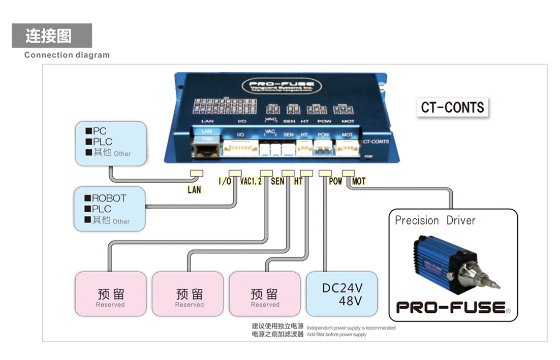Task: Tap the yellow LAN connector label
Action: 194,190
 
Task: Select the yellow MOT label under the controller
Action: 358,181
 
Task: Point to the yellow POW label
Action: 335,181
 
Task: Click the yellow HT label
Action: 299,181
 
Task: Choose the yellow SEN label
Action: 277,181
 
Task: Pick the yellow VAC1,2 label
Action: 251,181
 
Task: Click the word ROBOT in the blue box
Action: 109,198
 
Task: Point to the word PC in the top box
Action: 100,132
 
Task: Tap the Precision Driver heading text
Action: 435,220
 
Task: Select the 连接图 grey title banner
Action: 51,36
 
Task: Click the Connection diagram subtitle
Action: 67,55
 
